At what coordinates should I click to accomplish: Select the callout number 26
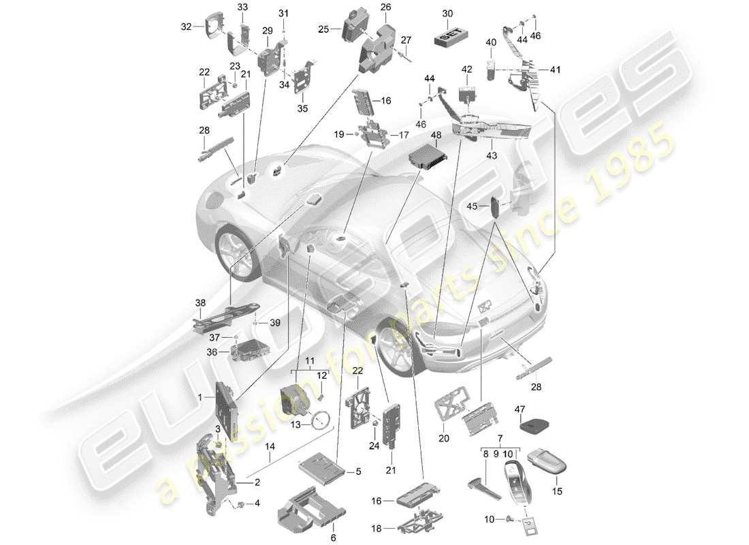pos(385,7)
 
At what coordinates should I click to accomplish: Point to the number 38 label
pos(200,303)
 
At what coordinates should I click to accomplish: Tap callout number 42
pos(466,69)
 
